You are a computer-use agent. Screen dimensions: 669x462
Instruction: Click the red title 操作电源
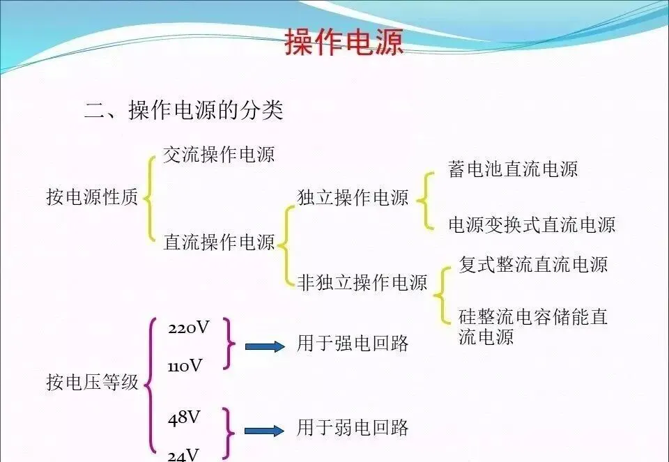coord(344,43)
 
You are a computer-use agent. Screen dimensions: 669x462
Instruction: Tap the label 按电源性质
coord(92,198)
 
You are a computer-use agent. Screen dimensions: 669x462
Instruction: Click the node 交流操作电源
coord(219,154)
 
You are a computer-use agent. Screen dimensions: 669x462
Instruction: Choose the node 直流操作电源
coord(219,242)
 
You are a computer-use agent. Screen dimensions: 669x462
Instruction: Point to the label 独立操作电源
coord(353,197)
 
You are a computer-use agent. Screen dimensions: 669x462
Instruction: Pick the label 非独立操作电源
coord(362,282)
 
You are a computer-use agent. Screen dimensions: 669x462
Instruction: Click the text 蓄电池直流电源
coord(513,169)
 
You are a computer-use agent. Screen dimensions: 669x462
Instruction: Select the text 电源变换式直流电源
coord(532,224)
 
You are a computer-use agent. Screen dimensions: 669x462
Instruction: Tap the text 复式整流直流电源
coord(533,265)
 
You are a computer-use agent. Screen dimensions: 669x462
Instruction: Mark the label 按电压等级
coord(92,382)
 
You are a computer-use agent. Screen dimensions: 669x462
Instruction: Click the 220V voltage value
coord(188,328)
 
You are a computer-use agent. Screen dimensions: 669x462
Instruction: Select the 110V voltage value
coord(185,365)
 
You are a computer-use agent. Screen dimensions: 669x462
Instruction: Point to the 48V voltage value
coord(184,418)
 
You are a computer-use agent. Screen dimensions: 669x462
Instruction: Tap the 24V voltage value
coord(183,455)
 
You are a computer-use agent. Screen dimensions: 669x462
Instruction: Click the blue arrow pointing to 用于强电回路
coord(265,346)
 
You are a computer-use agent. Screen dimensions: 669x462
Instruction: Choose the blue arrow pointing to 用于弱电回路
coord(265,431)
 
